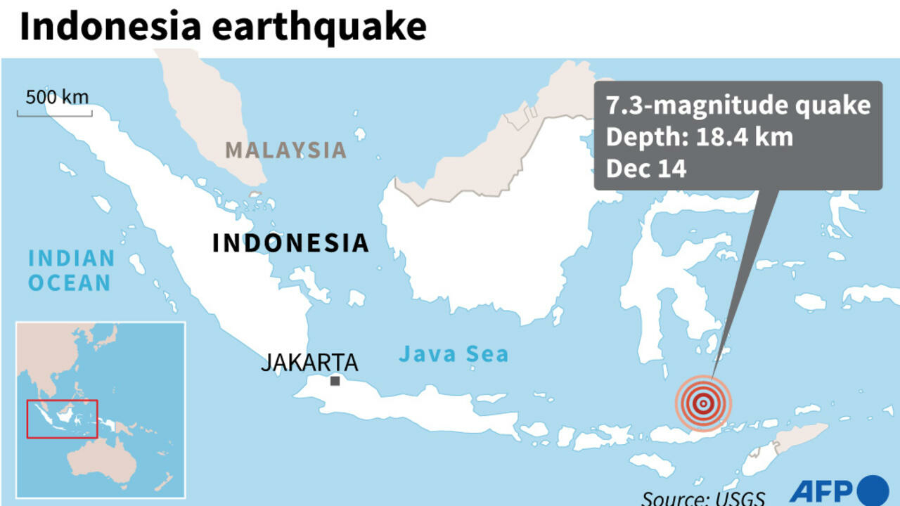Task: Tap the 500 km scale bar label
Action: [x=57, y=96]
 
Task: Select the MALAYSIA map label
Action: [x=285, y=150]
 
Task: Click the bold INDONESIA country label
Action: [x=290, y=243]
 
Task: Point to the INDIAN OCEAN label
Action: [x=70, y=271]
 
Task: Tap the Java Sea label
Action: [x=454, y=354]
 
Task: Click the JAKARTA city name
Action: [x=309, y=363]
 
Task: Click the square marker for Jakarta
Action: [x=335, y=381]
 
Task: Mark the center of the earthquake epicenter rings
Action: [x=702, y=403]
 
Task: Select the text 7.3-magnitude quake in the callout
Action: [x=738, y=105]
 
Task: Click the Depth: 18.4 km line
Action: [x=700, y=137]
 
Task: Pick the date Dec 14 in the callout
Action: [x=645, y=169]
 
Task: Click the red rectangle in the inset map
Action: [x=62, y=419]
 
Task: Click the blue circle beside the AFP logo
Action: [x=874, y=490]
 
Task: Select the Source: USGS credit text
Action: [x=702, y=497]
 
